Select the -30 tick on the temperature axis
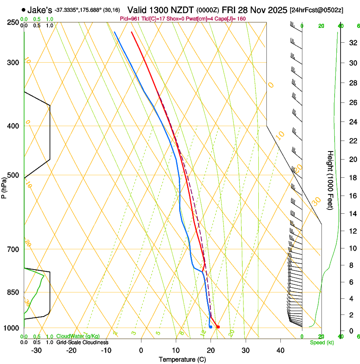coord(36,350)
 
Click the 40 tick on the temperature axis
coord(280,350)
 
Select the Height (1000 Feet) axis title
coord(331,180)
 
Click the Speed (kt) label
coord(321,342)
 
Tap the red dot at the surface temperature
coord(218,327)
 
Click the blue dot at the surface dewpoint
coord(210,327)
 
